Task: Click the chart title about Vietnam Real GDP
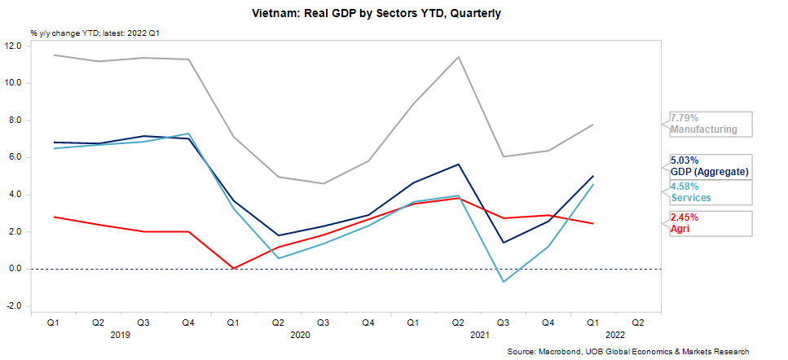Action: pyautogui.click(x=393, y=14)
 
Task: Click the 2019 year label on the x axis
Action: pyautogui.click(x=120, y=334)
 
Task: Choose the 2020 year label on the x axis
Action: pyautogui.click(x=301, y=334)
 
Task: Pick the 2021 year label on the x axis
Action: pyautogui.click(x=481, y=334)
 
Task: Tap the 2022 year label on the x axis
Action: pyautogui.click(x=615, y=334)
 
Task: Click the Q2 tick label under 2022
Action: pyautogui.click(x=637, y=322)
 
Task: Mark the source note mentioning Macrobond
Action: pyautogui.click(x=627, y=351)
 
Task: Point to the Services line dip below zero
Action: pyautogui.click(x=503, y=282)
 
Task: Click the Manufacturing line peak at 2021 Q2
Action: pyautogui.click(x=458, y=57)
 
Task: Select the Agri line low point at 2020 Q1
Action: pyautogui.click(x=233, y=268)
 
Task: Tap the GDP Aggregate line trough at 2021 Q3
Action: pyautogui.click(x=503, y=242)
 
